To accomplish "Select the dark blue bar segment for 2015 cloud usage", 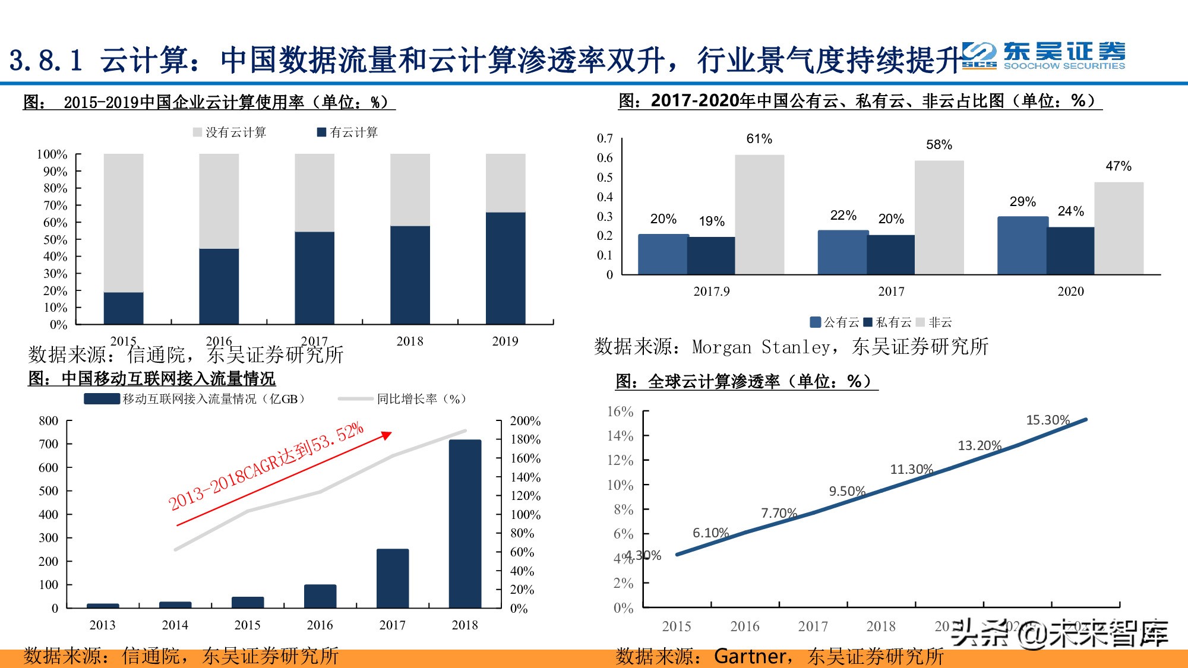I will (124, 308).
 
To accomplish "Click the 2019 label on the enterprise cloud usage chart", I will (505, 341).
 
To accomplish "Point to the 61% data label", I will (759, 139).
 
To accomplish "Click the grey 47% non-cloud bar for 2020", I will (1119, 229).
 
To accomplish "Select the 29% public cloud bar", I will (1022, 245).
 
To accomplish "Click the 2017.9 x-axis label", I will (711, 292).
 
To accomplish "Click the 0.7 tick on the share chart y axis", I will (605, 138).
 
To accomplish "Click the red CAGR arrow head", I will (387, 435).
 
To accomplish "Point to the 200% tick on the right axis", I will (525, 421).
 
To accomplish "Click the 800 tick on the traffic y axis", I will (49, 421).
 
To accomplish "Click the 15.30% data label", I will (1048, 420).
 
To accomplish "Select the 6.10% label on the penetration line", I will (710, 533).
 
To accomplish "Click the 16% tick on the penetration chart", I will (620, 411).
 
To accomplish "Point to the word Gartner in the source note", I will (750, 656).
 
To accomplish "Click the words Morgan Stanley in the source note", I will (762, 347).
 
